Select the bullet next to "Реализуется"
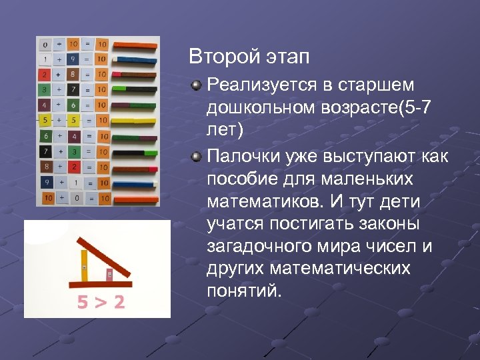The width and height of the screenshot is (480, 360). click(195, 85)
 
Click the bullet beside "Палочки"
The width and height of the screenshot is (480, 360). click(195, 157)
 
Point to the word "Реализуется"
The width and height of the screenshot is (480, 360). click(262, 85)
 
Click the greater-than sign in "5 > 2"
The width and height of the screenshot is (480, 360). click(100, 303)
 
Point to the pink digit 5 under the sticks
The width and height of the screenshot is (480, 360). click(83, 303)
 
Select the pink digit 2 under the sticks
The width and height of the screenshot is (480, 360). click(118, 303)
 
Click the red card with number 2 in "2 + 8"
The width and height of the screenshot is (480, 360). click(45, 75)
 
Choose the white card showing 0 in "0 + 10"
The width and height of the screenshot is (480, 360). click(45, 45)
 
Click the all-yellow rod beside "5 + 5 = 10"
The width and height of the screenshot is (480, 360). click(135, 121)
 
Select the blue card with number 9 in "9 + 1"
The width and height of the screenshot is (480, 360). click(45, 182)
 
